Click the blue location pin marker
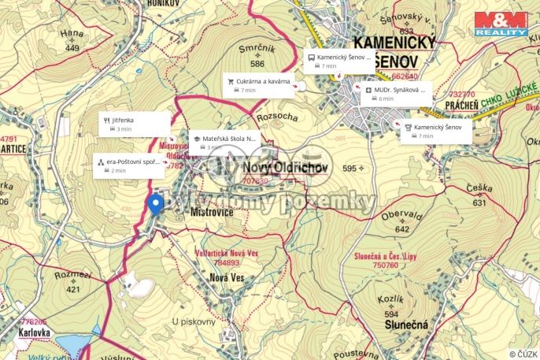(x=155, y=203)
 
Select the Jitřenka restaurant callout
(x=135, y=124)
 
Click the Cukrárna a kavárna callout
(x=260, y=85)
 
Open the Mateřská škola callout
(x=224, y=142)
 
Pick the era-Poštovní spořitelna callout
(x=129, y=165)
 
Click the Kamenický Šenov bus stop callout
(x=338, y=61)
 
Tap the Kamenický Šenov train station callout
(x=438, y=131)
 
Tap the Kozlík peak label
(x=391, y=300)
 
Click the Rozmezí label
(x=72, y=276)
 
